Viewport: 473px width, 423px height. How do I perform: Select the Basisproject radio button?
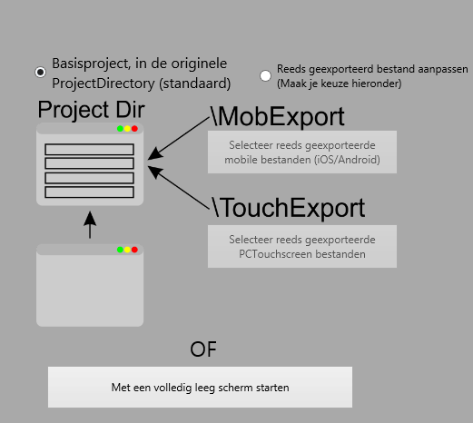point(40,73)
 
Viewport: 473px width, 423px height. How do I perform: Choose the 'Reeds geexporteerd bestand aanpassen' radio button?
point(265,75)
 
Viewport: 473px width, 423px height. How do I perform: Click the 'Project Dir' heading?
point(91,110)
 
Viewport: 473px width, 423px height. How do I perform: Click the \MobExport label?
point(277,116)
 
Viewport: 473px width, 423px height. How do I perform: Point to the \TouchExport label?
point(288,208)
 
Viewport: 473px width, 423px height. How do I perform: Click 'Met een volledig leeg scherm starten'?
point(200,387)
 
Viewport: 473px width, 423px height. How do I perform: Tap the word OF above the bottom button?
point(203,349)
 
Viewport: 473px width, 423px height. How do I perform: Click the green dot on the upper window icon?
point(120,129)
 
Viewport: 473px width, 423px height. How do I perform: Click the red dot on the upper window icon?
point(134,129)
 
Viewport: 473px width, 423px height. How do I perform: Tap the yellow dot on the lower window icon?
point(127,250)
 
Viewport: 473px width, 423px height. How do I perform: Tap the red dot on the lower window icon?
point(134,250)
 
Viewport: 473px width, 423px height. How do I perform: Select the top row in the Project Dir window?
point(90,150)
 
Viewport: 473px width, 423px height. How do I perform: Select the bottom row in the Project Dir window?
point(90,192)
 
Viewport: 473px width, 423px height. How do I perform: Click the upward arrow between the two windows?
point(90,225)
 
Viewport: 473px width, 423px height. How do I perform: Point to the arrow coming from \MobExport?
point(179,138)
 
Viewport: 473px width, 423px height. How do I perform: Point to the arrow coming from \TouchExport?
point(179,187)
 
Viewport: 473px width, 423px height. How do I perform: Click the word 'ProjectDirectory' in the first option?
point(103,84)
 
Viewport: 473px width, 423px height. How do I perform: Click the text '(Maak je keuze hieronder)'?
point(340,84)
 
